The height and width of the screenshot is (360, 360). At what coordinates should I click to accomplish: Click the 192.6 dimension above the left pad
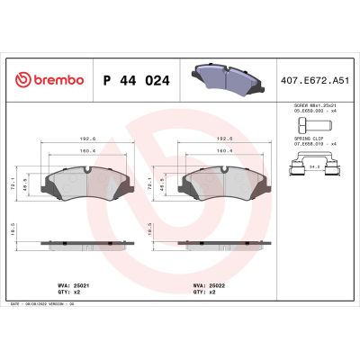(86, 139)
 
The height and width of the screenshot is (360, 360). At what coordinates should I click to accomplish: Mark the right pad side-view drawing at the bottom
(223, 243)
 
